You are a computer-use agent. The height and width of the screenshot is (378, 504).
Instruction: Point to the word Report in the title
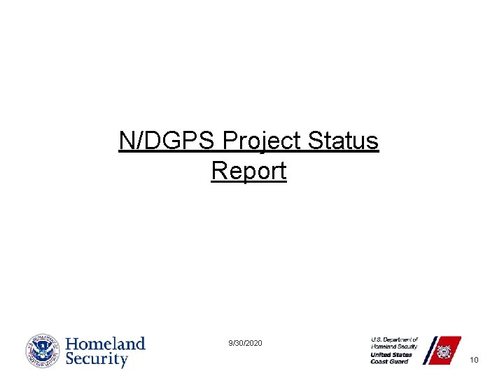[248, 171]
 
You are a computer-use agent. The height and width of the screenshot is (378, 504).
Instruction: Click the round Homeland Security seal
[43, 351]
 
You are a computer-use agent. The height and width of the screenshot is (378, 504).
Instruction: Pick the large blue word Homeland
[106, 344]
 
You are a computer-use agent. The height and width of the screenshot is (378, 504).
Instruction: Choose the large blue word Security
[97, 360]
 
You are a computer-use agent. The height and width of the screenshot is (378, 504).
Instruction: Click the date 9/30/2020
[246, 343]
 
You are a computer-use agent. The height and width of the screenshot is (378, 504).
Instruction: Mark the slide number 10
[474, 360]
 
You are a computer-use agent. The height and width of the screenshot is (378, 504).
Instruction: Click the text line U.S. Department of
[394, 339]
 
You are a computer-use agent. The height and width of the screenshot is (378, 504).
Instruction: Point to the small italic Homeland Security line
[394, 346]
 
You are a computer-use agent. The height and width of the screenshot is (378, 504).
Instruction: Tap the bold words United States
[391, 354]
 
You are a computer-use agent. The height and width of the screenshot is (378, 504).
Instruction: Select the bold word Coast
[380, 362]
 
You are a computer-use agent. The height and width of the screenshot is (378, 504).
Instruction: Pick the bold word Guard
[400, 362]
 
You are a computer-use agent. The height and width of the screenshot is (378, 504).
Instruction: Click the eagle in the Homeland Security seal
[43, 351]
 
